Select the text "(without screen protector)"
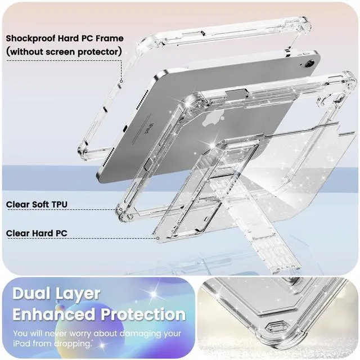pyautogui.click(x=64, y=51)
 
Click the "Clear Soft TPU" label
pyautogui.click(x=37, y=204)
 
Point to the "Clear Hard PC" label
pyautogui.click(x=35, y=232)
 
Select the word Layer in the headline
pyautogui.click(x=82, y=294)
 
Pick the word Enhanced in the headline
pyautogui.click(x=58, y=314)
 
